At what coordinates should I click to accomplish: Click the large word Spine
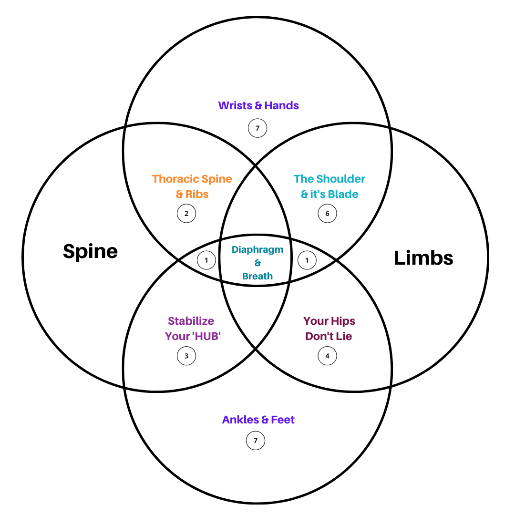coord(90,251)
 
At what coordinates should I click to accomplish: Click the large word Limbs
coord(423,258)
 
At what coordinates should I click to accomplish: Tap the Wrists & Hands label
coord(258,105)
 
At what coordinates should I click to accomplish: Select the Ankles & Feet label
coord(258,420)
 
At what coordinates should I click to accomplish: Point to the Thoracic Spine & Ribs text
coord(192,186)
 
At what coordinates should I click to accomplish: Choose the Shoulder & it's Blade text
coord(330,186)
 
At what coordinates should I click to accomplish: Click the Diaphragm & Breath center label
coord(257,263)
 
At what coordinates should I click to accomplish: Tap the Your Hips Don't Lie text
coord(329,329)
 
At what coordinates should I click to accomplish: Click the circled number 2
coord(186,213)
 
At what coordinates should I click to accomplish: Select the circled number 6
coord(327,213)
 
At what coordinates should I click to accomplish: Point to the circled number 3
coord(186,356)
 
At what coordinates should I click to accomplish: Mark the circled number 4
coord(327,356)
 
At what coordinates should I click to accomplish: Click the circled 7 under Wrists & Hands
coord(257,128)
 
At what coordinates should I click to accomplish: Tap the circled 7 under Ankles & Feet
coord(256,441)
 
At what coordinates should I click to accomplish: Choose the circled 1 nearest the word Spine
coord(206,260)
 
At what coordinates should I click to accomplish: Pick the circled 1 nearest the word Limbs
coord(307,260)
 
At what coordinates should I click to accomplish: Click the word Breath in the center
coord(257,276)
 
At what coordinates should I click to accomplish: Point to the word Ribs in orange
coord(198,194)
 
